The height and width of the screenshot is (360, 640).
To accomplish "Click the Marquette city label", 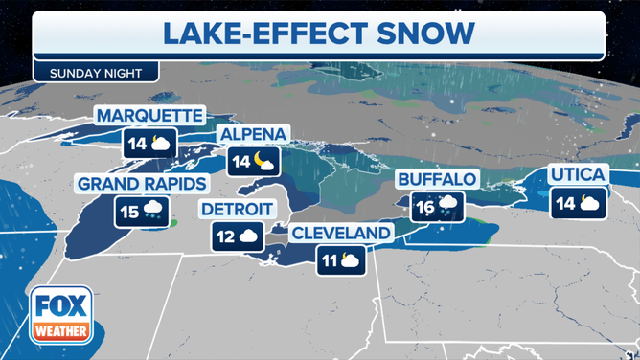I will pyautogui.click(x=149, y=116).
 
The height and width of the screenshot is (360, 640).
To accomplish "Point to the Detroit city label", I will pyautogui.click(x=237, y=209).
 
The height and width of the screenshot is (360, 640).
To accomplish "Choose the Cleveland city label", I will pyautogui.click(x=341, y=233).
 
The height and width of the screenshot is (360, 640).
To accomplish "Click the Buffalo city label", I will pyautogui.click(x=436, y=178).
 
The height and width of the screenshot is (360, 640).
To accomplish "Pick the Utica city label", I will pyautogui.click(x=578, y=173).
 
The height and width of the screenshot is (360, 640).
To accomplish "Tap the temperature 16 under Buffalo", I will pyautogui.click(x=423, y=204).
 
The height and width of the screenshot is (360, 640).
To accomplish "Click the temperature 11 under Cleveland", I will pyautogui.click(x=330, y=259).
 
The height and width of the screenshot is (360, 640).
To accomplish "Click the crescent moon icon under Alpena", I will pyautogui.click(x=265, y=160).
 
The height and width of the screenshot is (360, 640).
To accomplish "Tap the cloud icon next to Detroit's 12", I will pyautogui.click(x=249, y=235).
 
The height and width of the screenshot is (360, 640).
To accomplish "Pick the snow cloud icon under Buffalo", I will pyautogui.click(x=447, y=205).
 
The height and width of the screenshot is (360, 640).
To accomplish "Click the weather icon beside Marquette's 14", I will pyautogui.click(x=160, y=145).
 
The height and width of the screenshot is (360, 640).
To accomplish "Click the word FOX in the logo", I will pyautogui.click(x=60, y=306).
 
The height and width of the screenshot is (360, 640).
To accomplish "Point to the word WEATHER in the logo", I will pyautogui.click(x=60, y=332).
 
